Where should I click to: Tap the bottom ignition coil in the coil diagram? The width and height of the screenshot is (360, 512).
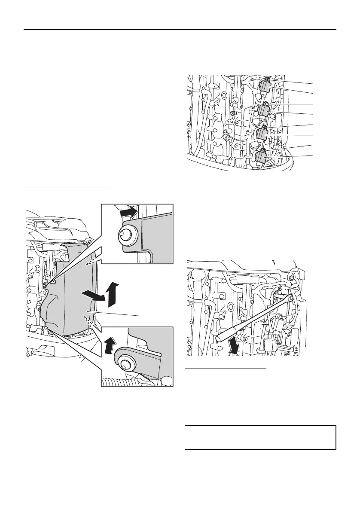[x=260, y=158]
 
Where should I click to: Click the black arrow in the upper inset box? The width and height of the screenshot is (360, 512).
[x=129, y=211]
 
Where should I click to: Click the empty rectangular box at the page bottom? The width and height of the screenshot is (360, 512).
[x=260, y=438]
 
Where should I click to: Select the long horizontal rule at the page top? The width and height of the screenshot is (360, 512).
[x=180, y=30]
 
